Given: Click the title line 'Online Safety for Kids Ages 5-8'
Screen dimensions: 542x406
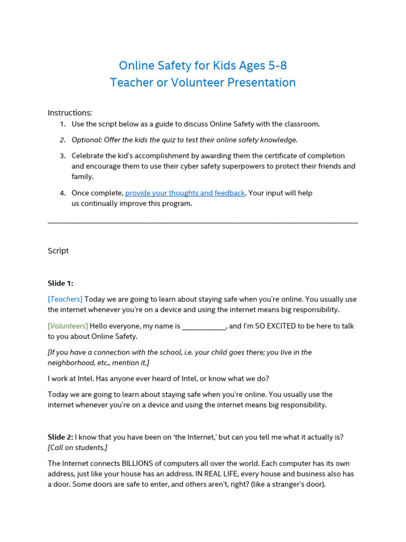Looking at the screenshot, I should (x=203, y=66).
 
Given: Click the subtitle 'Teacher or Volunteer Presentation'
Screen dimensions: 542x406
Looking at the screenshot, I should (x=203, y=83).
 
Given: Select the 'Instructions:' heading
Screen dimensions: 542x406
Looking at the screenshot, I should (x=70, y=113).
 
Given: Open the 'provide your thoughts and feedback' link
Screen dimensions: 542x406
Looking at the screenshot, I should (x=185, y=193).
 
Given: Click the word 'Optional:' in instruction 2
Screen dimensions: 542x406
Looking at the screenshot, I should (x=87, y=140).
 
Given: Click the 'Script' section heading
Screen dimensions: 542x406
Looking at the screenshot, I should (x=58, y=251).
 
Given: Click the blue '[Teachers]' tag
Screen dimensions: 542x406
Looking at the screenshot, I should (x=65, y=299).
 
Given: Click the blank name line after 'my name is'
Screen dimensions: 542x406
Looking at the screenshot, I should (x=204, y=327).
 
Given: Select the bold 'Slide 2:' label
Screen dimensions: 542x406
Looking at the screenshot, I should (x=60, y=437).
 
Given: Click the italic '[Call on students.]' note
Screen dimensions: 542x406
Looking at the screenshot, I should (x=78, y=448).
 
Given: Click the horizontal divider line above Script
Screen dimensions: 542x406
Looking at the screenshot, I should (x=203, y=222).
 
